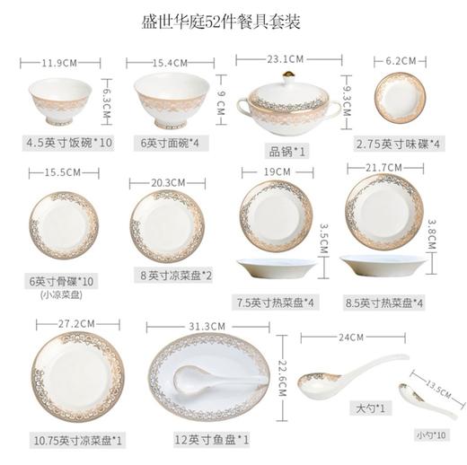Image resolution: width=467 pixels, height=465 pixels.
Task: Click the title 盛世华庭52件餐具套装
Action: [233, 20]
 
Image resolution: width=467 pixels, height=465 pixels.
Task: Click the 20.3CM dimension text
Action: [168, 182]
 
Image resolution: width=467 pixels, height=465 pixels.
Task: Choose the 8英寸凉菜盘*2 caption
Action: [171, 276]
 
